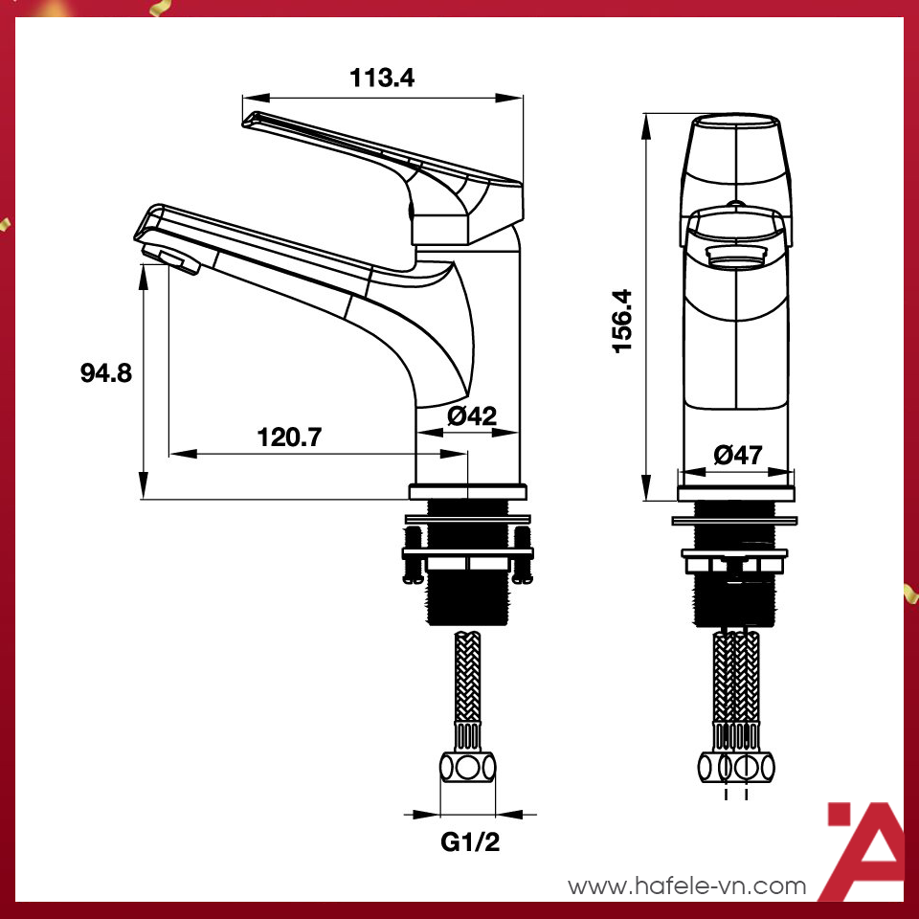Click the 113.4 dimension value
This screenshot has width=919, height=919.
[x=382, y=78]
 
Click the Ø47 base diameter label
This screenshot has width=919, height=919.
[x=738, y=456]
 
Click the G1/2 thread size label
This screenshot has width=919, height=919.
[x=469, y=843]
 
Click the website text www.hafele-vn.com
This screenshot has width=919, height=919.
[x=687, y=886]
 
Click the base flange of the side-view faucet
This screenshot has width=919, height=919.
[x=468, y=491]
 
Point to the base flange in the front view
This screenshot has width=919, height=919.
[x=735, y=493]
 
